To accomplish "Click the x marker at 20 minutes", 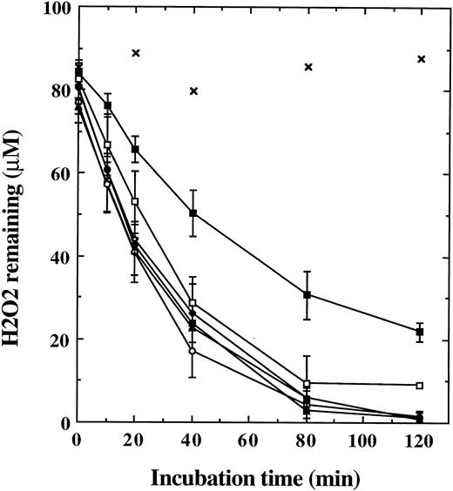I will pos(135,53).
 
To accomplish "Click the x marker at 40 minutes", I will pos(193,91).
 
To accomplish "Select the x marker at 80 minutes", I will pos(308,66).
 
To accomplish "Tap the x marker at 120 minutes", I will pos(421,59).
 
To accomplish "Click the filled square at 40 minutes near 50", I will pos(193,212).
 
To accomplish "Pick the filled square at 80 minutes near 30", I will pos(308,295).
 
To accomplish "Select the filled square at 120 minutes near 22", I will pos(420,332).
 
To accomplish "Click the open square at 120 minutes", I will pos(420,385).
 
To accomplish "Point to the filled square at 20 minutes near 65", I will pos(135,150).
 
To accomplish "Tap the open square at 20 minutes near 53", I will pos(135,201).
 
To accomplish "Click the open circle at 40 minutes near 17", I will pos(193,351).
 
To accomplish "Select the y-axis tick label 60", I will pos(59,173).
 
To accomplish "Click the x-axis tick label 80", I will pos(308,439).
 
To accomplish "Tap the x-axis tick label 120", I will pos(420,439).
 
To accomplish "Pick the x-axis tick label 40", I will pos(193,439).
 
